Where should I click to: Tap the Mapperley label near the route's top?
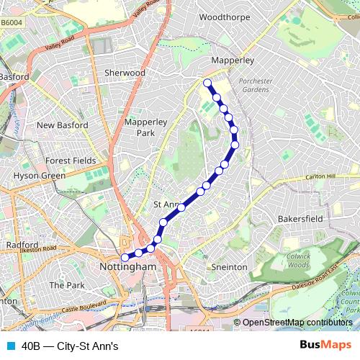coord(230,61)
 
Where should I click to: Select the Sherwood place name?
coord(125,73)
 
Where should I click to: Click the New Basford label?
coord(62,125)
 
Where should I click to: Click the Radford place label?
coord(22,245)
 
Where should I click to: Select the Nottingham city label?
coord(126,267)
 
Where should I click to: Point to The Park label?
coord(66,285)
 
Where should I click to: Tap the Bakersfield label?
coord(300,217)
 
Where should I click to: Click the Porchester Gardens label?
coord(253,85)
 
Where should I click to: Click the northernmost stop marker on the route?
coord(207,83)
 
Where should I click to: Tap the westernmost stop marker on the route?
coord(125,257)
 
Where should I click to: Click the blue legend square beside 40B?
coord(10,346)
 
